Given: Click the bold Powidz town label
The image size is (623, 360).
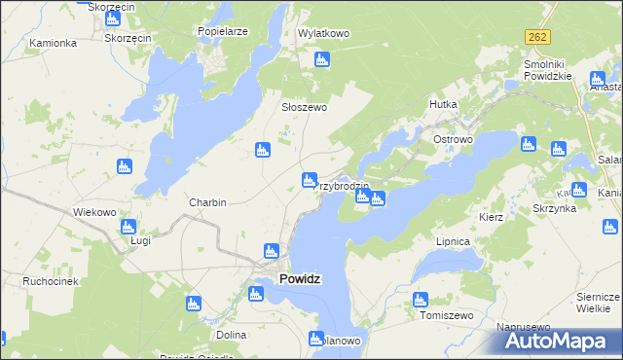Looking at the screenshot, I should coord(300,278).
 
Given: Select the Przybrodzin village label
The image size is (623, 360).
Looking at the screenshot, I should coord(342,186).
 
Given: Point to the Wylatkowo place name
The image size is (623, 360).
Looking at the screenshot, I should coord(323,33).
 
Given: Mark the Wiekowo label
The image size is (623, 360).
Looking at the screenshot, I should coord(95,211).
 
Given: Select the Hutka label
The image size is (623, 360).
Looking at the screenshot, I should coord(443,102).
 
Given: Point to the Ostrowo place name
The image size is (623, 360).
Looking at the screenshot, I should coord(453,139).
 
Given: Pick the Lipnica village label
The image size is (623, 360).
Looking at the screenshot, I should coord(455,240).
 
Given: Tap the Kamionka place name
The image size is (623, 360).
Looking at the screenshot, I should coord(53,44).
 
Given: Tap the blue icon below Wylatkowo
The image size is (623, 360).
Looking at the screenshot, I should coord(322,60).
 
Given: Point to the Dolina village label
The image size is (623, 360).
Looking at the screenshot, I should coord(232,335).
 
